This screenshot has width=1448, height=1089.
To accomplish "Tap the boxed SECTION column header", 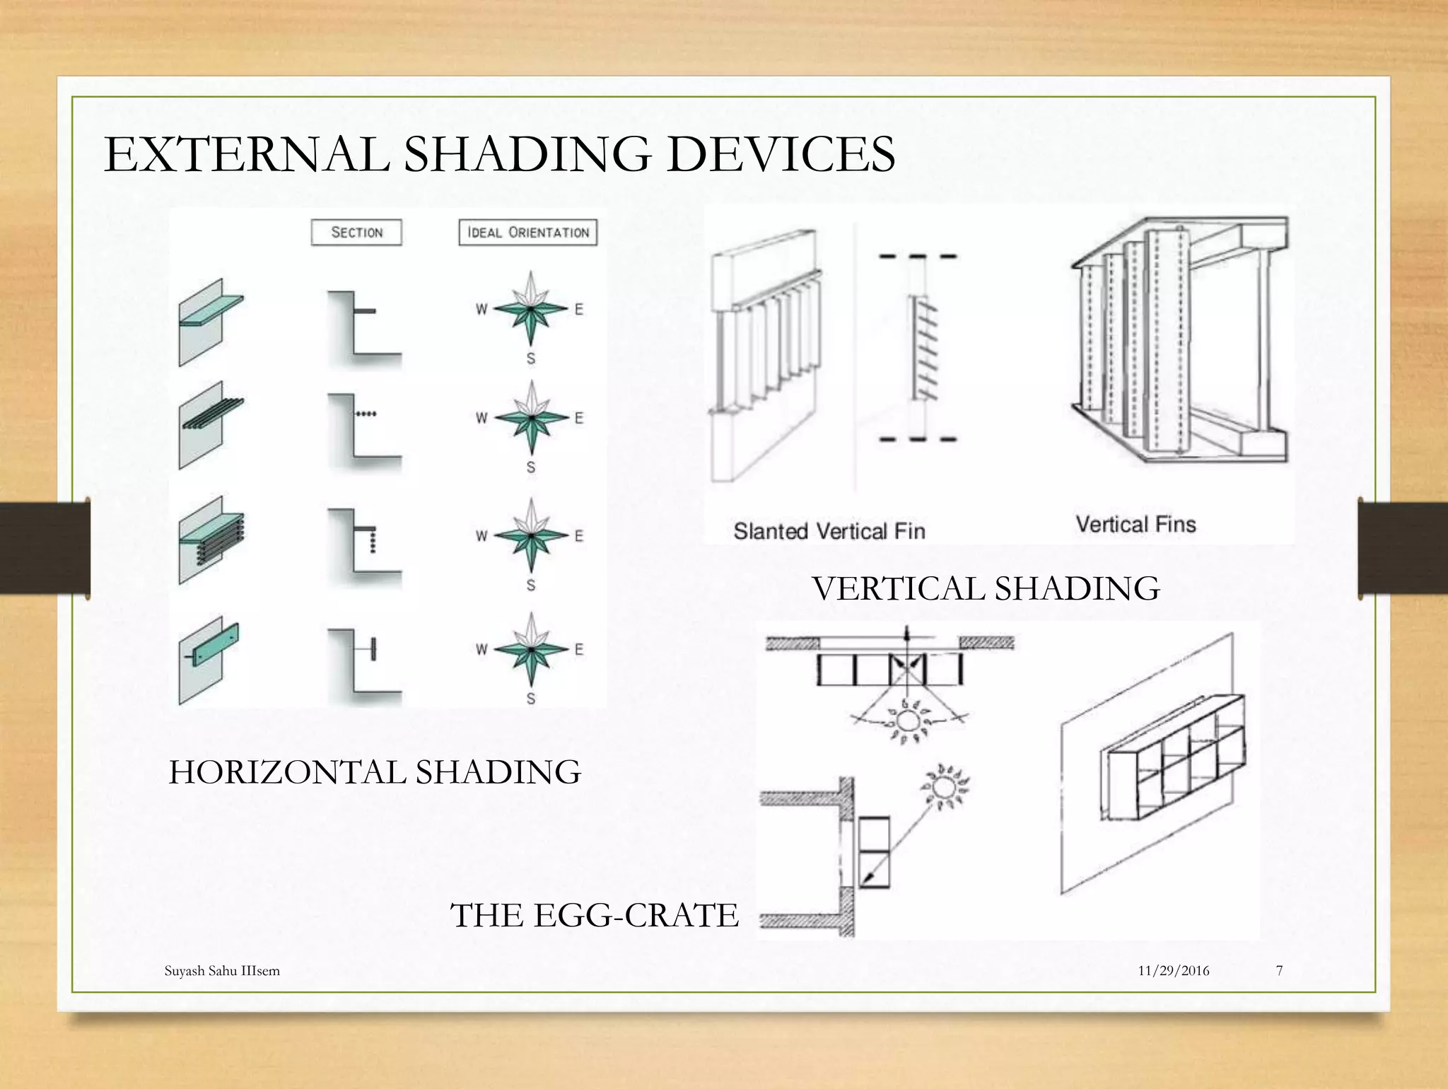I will [x=356, y=233].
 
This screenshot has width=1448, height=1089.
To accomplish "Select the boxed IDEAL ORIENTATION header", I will [x=528, y=233].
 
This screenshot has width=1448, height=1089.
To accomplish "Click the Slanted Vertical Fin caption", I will [x=829, y=531].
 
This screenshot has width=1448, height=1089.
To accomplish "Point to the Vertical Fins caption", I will [x=1135, y=525].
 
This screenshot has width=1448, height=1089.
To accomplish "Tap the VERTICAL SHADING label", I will [x=986, y=588].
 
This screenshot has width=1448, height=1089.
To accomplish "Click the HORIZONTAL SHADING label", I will [x=375, y=771].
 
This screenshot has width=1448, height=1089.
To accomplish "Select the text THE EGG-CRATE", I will [x=594, y=915].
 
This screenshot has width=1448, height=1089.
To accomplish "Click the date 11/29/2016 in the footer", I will [x=1173, y=971].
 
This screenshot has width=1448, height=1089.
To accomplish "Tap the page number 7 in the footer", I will [x=1279, y=971].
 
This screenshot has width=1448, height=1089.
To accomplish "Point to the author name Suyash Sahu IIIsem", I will [x=222, y=971].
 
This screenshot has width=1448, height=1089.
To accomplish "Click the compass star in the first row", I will [x=530, y=310].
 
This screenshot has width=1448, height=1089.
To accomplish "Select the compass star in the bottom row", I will [x=530, y=650].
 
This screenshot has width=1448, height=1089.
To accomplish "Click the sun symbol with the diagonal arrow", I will [x=943, y=786].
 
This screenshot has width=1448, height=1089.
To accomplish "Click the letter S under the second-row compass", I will [x=531, y=467].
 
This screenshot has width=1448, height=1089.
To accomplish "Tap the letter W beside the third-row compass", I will [x=481, y=536].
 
